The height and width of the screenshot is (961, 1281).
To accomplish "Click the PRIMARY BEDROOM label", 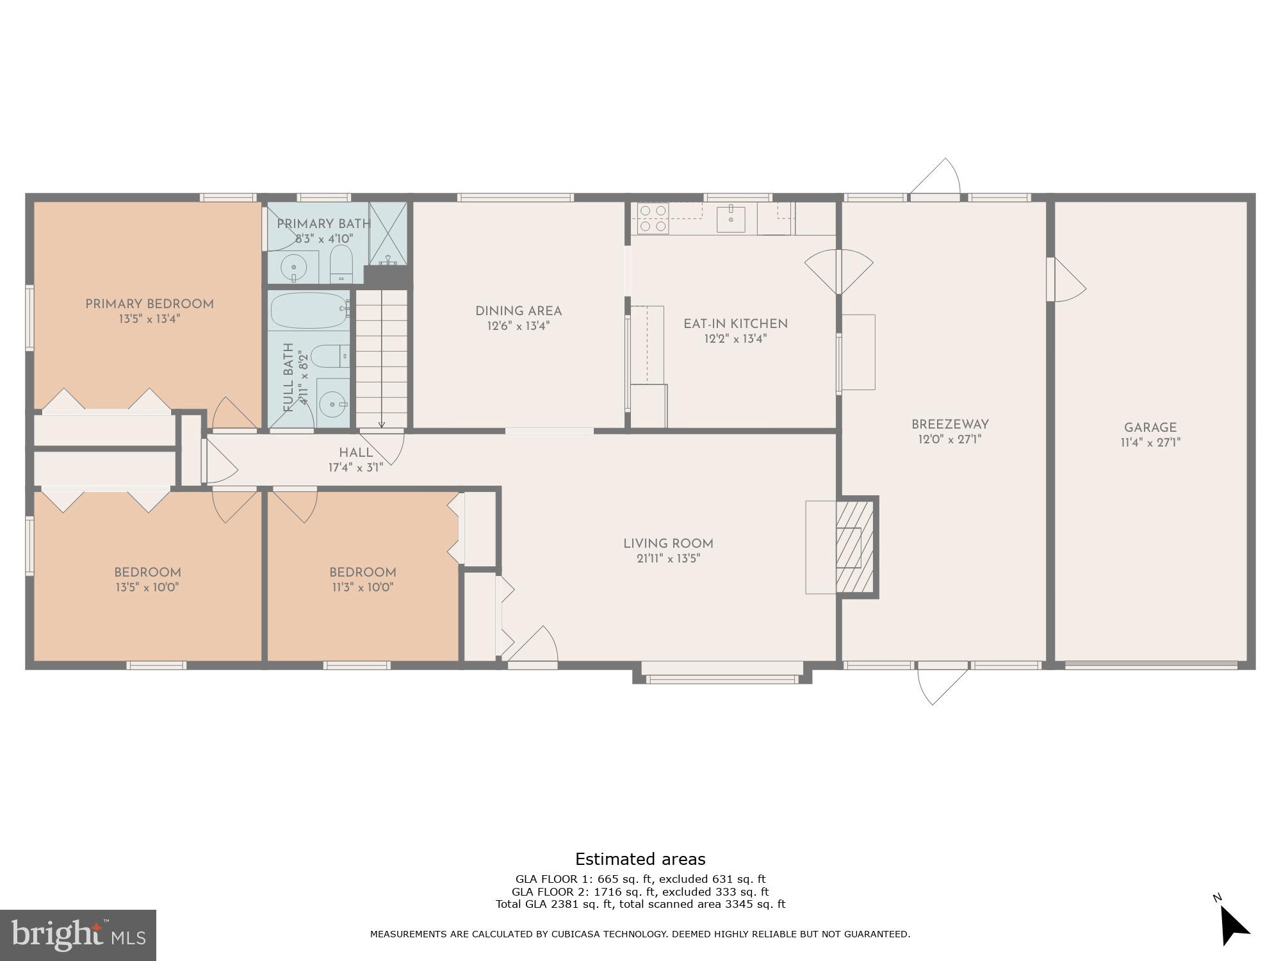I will point(149,304).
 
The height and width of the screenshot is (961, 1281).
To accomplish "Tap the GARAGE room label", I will point(1150,427).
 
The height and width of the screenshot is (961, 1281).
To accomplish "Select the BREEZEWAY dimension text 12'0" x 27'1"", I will point(950,439).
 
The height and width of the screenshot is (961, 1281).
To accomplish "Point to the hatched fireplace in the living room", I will point(856,547).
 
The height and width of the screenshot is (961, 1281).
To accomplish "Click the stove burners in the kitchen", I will point(653,218).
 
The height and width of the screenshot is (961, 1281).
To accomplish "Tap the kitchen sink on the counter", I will point(730,218).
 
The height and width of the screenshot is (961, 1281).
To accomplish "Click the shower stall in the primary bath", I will point(388,233).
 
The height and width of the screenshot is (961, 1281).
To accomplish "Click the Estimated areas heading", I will point(640,859).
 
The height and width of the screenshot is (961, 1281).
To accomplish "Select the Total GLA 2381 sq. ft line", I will point(640,904).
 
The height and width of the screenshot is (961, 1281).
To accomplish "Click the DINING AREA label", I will point(518,311).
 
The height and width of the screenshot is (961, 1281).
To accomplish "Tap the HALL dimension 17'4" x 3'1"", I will point(355,468).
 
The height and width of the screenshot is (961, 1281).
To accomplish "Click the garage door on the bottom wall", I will point(1151,666).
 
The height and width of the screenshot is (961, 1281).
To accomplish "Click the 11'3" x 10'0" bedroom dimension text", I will point(363,587).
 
